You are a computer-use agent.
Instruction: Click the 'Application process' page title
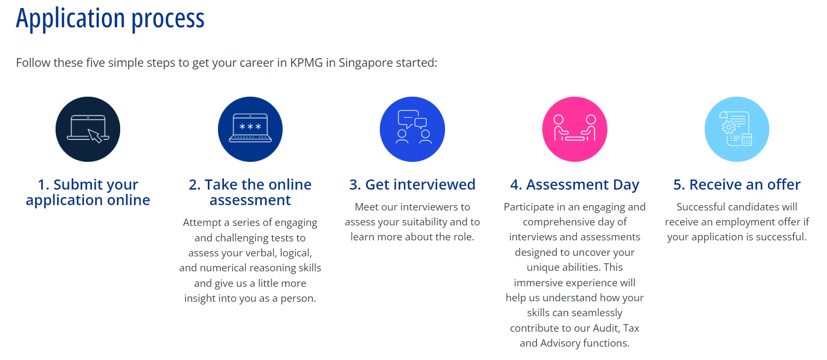point(110,19)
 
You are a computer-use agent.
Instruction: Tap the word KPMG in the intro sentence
point(306,63)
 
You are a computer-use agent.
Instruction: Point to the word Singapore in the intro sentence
point(365,63)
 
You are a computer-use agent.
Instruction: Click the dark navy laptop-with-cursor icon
point(88,129)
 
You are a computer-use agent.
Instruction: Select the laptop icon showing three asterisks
point(251,129)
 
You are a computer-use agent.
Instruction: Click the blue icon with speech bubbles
point(412,129)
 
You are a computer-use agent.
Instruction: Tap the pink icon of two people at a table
point(574,129)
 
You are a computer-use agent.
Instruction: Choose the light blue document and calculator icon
point(737,129)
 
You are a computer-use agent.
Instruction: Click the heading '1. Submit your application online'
point(88,192)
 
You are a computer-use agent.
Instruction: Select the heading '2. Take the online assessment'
point(251,192)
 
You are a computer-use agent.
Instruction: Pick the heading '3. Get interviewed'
point(412,185)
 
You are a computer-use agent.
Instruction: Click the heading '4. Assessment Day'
point(574,185)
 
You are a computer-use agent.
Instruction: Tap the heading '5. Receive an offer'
point(737,185)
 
